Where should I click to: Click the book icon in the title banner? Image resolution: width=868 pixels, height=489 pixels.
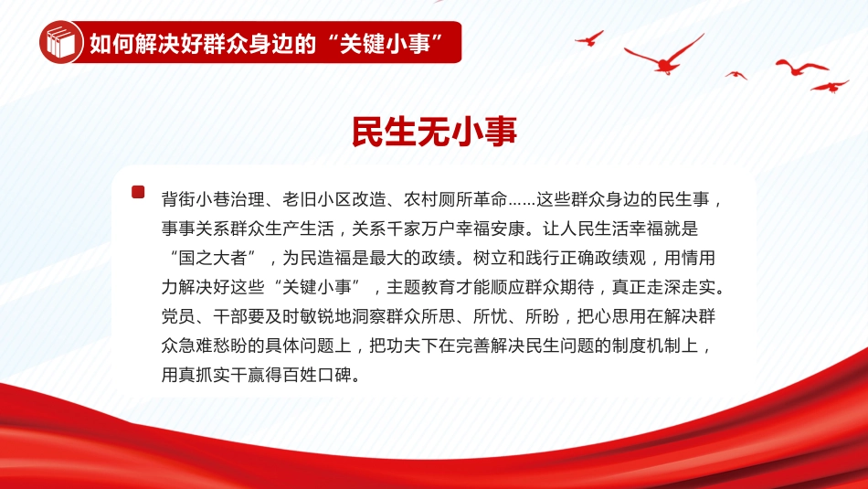[61, 42]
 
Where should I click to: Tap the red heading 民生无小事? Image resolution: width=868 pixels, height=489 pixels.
[435, 132]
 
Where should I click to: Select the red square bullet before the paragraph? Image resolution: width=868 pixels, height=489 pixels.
[138, 192]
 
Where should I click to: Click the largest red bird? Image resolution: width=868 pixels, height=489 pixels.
[664, 56]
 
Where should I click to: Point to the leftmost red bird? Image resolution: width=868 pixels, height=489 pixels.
[589, 38]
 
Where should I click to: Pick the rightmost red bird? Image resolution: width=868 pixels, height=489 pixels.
[830, 87]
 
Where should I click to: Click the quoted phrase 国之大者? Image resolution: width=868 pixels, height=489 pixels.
[213, 258]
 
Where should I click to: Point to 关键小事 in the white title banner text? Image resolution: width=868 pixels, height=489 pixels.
[385, 43]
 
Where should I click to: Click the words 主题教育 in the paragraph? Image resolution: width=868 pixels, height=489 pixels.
[420, 287]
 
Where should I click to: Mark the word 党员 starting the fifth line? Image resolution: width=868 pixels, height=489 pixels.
[179, 316]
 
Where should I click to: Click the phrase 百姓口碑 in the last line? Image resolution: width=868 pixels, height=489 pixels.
[317, 375]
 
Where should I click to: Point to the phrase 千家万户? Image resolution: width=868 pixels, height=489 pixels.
[420, 229]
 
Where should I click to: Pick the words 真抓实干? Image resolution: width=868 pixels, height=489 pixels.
[213, 375]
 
